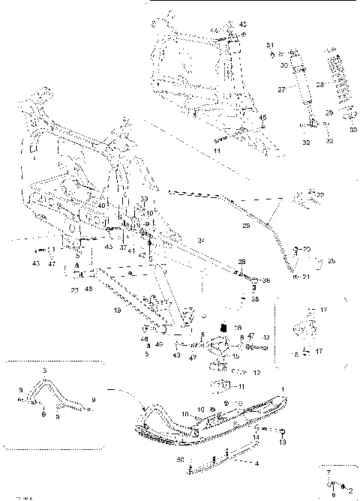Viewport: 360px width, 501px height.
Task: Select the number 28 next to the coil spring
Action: (x=320, y=84)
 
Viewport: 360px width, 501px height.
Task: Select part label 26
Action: (x=331, y=260)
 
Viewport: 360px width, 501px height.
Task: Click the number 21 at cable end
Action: (x=307, y=277)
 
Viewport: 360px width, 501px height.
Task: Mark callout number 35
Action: (x=241, y=261)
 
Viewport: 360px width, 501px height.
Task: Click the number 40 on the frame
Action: (x=100, y=205)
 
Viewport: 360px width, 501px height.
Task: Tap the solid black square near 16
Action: (x=222, y=327)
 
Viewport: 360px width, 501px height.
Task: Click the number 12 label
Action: (x=256, y=373)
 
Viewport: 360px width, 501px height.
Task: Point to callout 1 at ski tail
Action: (x=283, y=388)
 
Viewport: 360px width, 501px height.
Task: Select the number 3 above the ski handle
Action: (x=44, y=370)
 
